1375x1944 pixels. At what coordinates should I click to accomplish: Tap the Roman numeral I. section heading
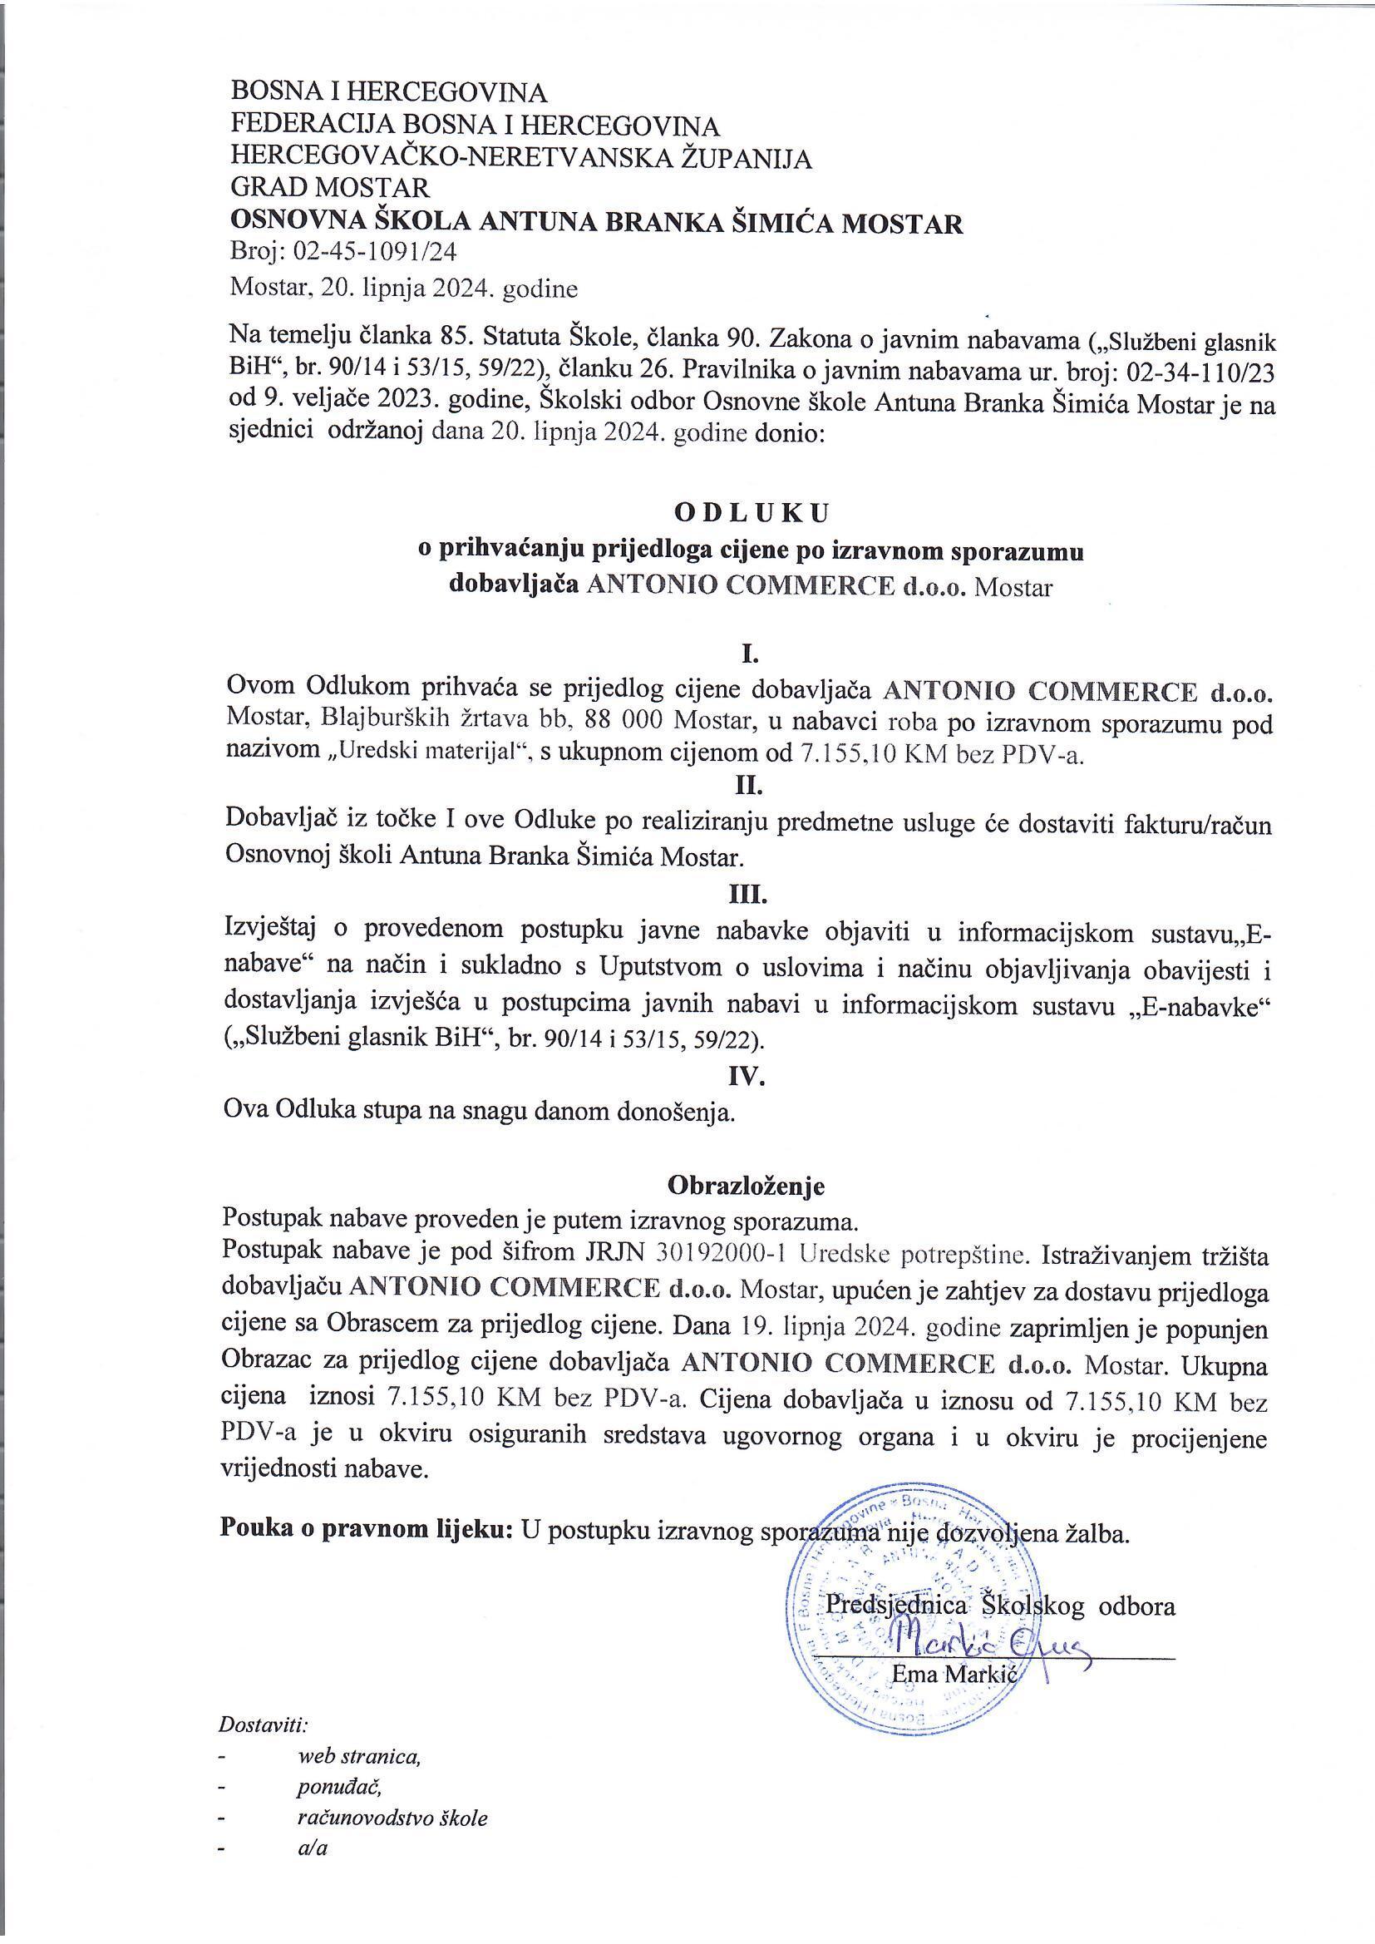[x=748, y=654]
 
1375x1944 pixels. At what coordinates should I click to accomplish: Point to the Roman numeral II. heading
[x=748, y=787]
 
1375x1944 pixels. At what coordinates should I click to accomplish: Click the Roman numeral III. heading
[x=748, y=894]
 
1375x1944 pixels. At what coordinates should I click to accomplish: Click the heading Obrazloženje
[x=746, y=1186]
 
